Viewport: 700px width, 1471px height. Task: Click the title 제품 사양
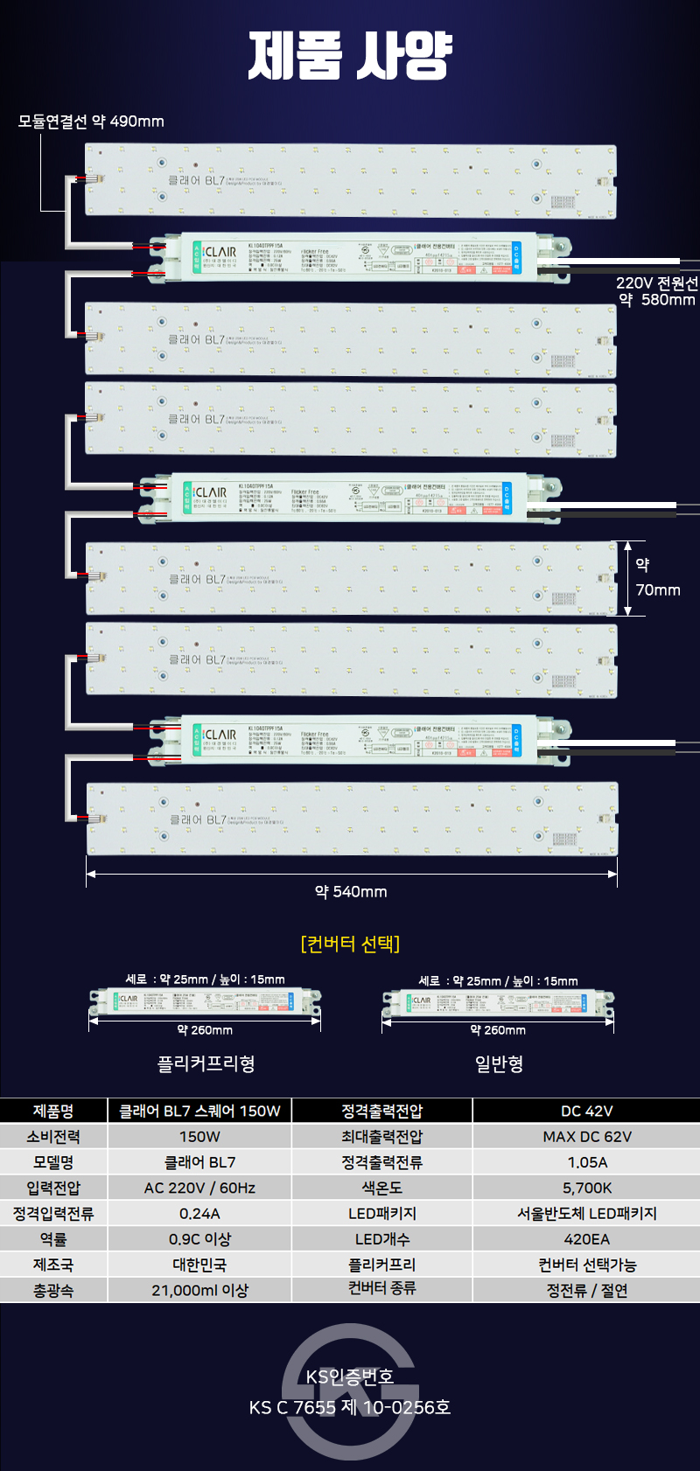tap(350, 56)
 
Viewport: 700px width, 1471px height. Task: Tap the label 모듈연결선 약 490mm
tap(91, 122)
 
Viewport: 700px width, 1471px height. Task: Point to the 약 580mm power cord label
tap(656, 299)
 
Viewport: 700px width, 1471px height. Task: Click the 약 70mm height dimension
tap(656, 578)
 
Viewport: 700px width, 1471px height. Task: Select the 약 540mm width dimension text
tap(351, 892)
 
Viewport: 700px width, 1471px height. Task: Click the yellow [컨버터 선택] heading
tap(350, 944)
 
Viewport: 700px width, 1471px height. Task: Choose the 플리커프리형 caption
tap(206, 1063)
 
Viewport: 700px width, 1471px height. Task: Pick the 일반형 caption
tap(499, 1063)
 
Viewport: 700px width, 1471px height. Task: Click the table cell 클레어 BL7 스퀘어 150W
tap(199, 1111)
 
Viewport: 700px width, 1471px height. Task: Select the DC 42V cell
tap(586, 1111)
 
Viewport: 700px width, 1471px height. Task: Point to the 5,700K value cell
tap(586, 1188)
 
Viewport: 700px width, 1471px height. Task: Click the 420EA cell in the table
tap(586, 1239)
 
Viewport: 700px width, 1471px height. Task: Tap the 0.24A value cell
tap(199, 1214)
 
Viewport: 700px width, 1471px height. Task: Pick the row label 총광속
tap(53, 1290)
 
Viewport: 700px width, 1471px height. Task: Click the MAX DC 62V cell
tap(586, 1137)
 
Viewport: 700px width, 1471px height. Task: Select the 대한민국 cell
tap(199, 1265)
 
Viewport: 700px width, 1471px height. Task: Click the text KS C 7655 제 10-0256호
tap(350, 1407)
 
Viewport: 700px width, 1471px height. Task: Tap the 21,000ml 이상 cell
tap(199, 1290)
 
